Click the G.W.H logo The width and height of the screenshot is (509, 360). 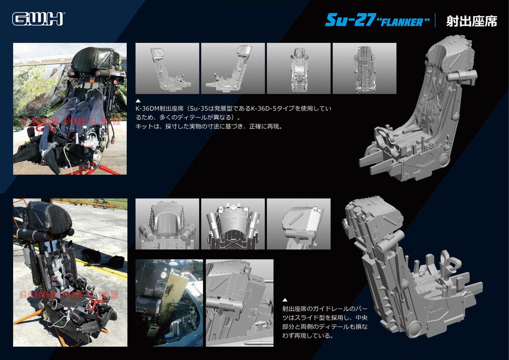coord(38,19)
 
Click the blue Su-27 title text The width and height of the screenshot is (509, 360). coord(351,20)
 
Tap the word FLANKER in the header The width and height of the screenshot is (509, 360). coord(403,22)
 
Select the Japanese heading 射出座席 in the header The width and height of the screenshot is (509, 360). coord(471,21)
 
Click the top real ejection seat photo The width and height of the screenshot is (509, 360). coord(70,109)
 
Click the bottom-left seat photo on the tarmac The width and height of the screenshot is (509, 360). coord(70,272)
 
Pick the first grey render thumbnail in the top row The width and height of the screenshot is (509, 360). coord(167,69)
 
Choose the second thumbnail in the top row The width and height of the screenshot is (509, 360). coord(233,69)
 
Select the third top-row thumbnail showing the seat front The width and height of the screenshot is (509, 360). coord(299,69)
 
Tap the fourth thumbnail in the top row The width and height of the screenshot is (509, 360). coord(364,69)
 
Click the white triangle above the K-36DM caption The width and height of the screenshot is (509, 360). coord(138,101)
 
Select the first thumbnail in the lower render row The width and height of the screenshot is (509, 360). coord(167,224)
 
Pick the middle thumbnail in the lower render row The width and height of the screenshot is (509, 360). coord(233,224)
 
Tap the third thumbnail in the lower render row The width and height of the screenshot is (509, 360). coord(299,224)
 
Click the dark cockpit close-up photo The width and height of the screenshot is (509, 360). coord(169,303)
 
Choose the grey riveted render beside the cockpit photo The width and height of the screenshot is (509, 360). coord(240,303)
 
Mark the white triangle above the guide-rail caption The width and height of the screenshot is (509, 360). coord(285,300)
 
